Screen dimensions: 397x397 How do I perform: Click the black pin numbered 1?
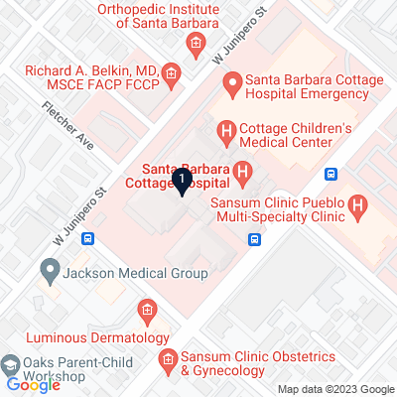click(x=183, y=181)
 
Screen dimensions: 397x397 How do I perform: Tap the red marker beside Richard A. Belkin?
click(x=172, y=73)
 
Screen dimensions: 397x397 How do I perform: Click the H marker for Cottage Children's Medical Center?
click(x=225, y=131)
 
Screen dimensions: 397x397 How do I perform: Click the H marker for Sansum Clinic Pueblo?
click(x=359, y=206)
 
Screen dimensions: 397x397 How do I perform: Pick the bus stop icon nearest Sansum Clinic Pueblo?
click(x=331, y=175)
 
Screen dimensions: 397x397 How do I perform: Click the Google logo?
click(x=33, y=385)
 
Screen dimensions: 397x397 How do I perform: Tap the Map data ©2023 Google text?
click(x=335, y=389)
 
